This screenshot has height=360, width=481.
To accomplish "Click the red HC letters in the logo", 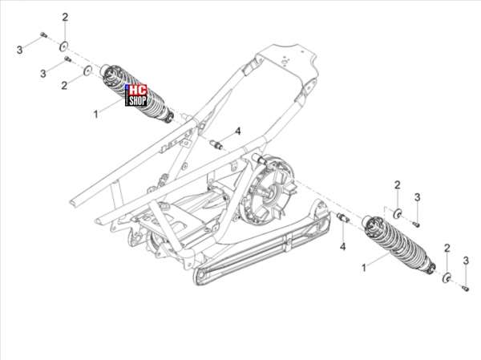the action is coord(137,91).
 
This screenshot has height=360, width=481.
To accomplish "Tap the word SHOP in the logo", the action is coord(137,101).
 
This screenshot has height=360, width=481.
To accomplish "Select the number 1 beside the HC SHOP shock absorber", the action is coord(95,114).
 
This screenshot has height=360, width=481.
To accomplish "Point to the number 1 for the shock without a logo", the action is coord(364,268).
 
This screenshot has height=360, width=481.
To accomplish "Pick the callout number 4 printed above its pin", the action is coord(238,131).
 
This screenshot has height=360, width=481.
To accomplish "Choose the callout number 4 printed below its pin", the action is coord(342,246).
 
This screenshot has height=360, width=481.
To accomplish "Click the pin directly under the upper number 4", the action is coord(216,144).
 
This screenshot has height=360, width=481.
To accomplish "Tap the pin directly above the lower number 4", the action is coord(342,217).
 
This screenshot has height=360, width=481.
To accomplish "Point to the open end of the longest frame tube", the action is coord(74,204).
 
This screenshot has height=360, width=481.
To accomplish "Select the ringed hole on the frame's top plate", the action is coord(285,63).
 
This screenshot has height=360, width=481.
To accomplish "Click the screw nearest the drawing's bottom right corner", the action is coord(465,288).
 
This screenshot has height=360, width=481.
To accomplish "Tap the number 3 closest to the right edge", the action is coord(466,261).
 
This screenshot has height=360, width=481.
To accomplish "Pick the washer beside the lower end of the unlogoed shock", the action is coord(447,277).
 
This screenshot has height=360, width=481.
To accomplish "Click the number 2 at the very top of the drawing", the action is coord(65,18).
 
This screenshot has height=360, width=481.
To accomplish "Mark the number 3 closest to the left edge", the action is coord(19,50).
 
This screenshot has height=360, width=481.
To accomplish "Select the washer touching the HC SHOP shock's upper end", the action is coord(88,71).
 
